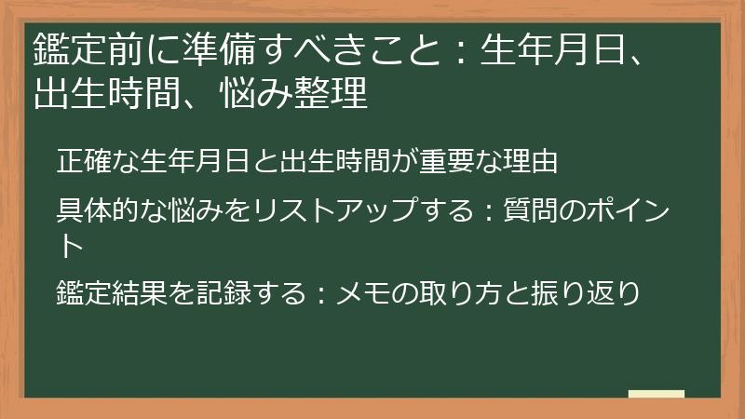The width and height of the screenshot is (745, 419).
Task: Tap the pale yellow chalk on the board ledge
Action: (x=656, y=393)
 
